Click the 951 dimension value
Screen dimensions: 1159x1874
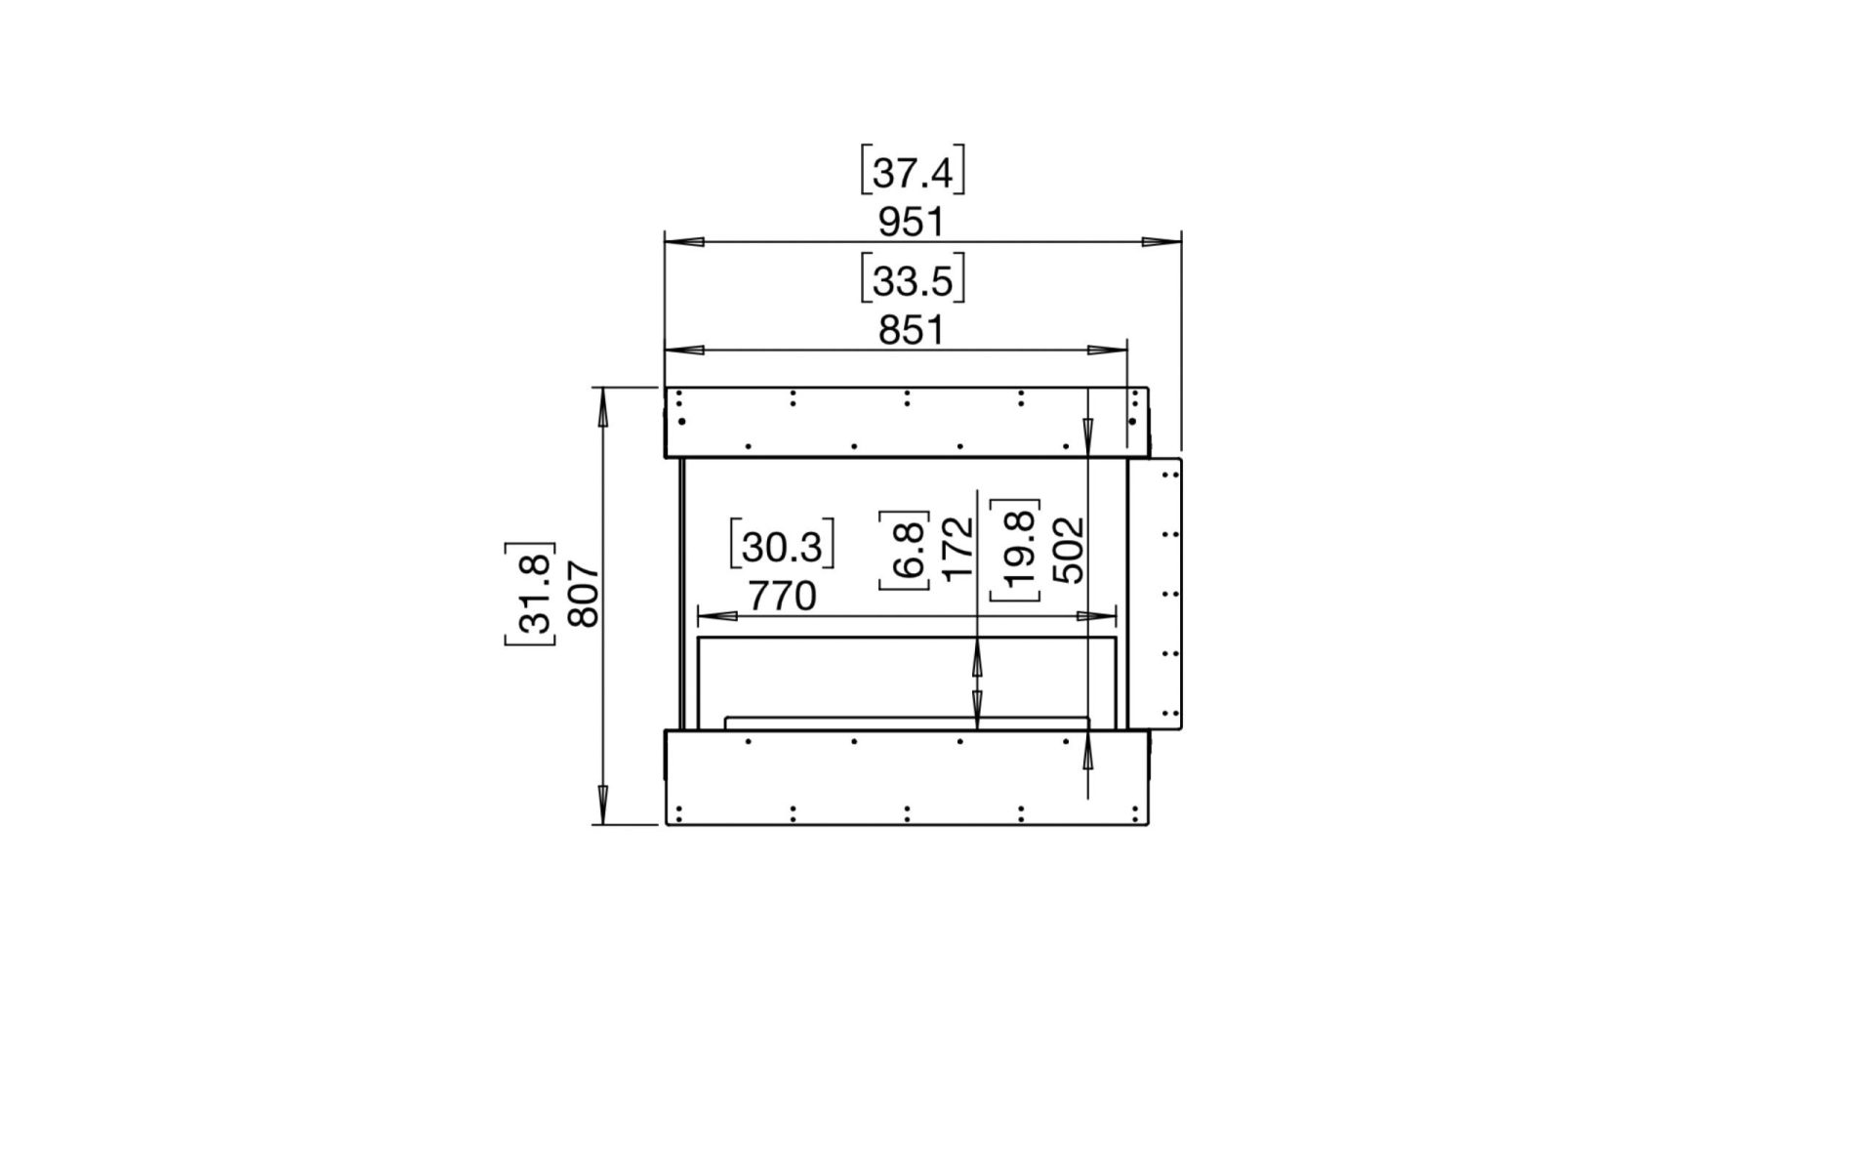pyautogui.click(x=911, y=223)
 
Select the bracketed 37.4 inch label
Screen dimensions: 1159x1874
pyautogui.click(x=912, y=173)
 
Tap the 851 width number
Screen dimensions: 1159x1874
pyautogui.click(x=911, y=330)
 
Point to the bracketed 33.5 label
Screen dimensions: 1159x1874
pyautogui.click(x=912, y=280)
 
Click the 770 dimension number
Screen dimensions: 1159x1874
pyautogui.click(x=782, y=596)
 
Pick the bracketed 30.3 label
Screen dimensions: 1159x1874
pyautogui.click(x=782, y=546)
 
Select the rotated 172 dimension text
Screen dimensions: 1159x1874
pyautogui.click(x=958, y=548)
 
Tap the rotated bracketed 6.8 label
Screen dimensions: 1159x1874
pyautogui.click(x=905, y=550)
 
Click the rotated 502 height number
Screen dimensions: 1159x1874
pyautogui.click(x=1070, y=550)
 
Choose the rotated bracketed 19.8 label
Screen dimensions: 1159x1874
pyautogui.click(x=1016, y=550)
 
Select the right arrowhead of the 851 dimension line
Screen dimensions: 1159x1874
pyautogui.click(x=1107, y=350)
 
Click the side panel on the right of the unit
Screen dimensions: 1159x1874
pyautogui.click(x=1156, y=592)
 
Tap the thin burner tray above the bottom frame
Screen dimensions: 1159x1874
pyautogui.click(x=907, y=722)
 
